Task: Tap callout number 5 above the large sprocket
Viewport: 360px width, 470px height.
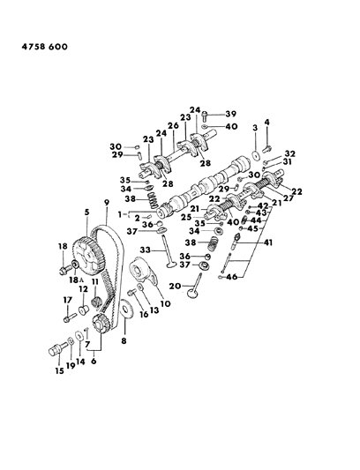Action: (x=86, y=212)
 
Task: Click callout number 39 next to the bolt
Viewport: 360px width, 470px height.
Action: (x=231, y=114)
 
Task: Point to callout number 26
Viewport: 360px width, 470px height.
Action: (x=173, y=125)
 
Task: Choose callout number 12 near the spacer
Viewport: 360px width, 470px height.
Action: (x=81, y=289)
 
